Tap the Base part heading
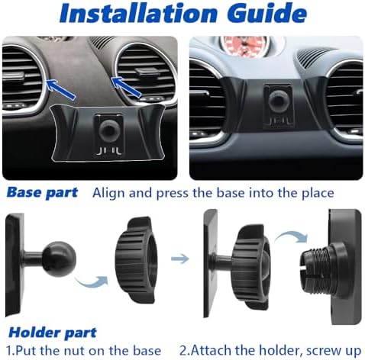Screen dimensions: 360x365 pos(42,192)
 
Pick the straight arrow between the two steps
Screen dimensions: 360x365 pos(179,259)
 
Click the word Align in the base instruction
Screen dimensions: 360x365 pos(109,193)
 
